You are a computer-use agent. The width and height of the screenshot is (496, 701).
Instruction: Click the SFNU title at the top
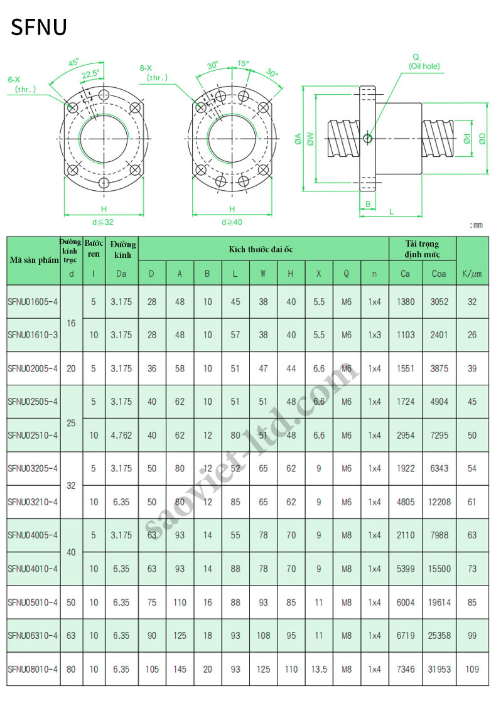pyautogui.click(x=39, y=27)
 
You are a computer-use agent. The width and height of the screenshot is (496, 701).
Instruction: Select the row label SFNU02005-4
pyautogui.click(x=33, y=369)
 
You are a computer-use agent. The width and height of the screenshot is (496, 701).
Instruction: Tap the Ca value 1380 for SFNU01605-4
pyautogui.click(x=406, y=302)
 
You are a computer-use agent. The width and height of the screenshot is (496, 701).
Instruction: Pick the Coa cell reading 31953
pyautogui.click(x=439, y=669)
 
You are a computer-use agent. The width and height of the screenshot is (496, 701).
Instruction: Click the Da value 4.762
pyautogui.click(x=121, y=435)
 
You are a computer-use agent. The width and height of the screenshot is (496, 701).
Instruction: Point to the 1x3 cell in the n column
pyautogui.click(x=374, y=335)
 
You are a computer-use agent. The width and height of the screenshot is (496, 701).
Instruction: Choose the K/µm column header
pyautogui.click(x=472, y=274)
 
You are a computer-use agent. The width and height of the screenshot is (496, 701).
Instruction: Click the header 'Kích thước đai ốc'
pyautogui.click(x=261, y=250)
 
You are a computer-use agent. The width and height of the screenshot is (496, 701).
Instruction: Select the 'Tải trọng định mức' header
pyautogui.click(x=422, y=249)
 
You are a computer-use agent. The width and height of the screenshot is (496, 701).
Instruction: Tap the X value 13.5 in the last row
pyautogui.click(x=319, y=669)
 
